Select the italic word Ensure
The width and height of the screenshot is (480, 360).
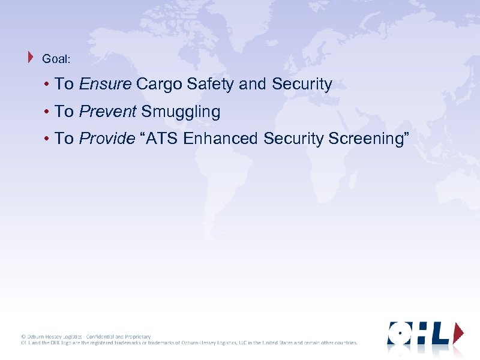[x=105, y=85]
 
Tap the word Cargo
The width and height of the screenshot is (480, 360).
[x=160, y=85]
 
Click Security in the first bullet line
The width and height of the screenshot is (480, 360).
[x=302, y=85]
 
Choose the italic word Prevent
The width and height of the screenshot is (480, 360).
[x=108, y=112]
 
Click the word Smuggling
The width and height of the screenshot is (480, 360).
[x=181, y=112]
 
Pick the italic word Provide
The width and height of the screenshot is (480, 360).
[x=107, y=139]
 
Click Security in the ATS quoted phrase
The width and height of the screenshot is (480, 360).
[x=294, y=139]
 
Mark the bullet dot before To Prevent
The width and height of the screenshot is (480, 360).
[x=46, y=112]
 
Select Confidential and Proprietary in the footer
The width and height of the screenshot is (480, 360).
[x=118, y=337]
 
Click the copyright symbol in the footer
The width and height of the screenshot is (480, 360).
[x=23, y=337]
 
